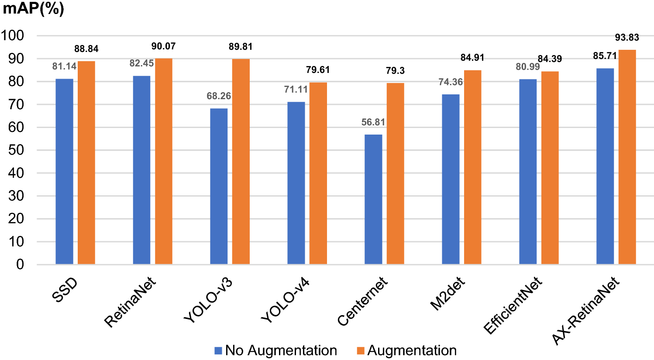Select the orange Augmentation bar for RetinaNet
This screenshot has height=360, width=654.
(164, 161)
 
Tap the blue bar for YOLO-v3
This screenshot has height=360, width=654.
(219, 186)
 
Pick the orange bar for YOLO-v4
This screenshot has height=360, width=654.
(318, 173)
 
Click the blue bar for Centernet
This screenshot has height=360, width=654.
(373, 199)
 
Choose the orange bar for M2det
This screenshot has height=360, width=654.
(472, 167)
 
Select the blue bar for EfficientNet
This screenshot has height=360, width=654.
(528, 172)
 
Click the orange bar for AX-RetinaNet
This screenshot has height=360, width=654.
(627, 157)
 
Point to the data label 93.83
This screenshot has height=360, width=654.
(627, 38)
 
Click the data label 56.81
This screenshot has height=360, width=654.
(373, 122)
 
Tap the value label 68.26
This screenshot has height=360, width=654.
(219, 96)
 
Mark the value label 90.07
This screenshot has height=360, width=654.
(164, 46)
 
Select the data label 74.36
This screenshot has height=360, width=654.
(451, 82)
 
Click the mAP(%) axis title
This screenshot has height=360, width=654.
(34, 9)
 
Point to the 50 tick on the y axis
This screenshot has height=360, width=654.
(16, 150)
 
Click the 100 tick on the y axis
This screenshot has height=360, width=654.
(13, 36)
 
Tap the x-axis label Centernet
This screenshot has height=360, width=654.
(362, 301)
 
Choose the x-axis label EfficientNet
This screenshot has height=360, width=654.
(513, 305)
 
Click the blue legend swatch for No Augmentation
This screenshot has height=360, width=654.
(218, 351)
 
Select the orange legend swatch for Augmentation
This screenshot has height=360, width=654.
(361, 351)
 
